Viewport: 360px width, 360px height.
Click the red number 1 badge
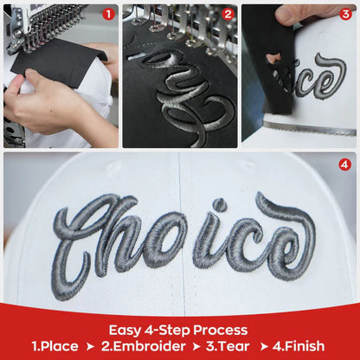tap(109, 14)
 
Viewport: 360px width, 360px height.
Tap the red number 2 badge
tap(228, 14)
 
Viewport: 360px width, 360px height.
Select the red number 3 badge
tap(346, 14)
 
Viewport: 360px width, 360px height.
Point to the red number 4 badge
tap(345, 165)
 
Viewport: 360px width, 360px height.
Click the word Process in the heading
tap(221, 331)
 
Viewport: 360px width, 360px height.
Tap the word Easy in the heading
tap(125, 331)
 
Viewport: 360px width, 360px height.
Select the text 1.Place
tap(55, 346)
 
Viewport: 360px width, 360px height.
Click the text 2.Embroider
tap(144, 346)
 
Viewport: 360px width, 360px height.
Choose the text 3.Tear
tap(228, 346)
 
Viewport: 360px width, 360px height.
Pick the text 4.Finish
tap(299, 346)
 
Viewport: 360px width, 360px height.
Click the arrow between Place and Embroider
tap(90, 347)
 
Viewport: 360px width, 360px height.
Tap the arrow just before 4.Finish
tap(264, 347)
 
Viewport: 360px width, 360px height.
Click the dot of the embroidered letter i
tap(220, 205)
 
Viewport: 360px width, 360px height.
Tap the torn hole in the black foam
tap(274, 59)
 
